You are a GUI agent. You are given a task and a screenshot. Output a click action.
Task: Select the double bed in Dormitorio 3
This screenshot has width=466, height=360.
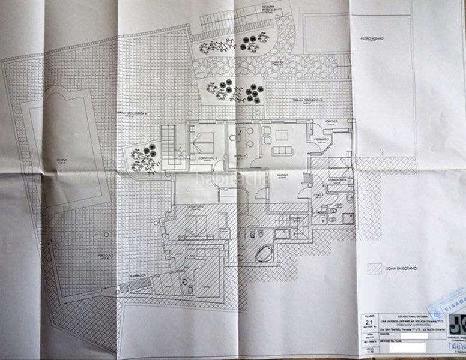click(x=201, y=142)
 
